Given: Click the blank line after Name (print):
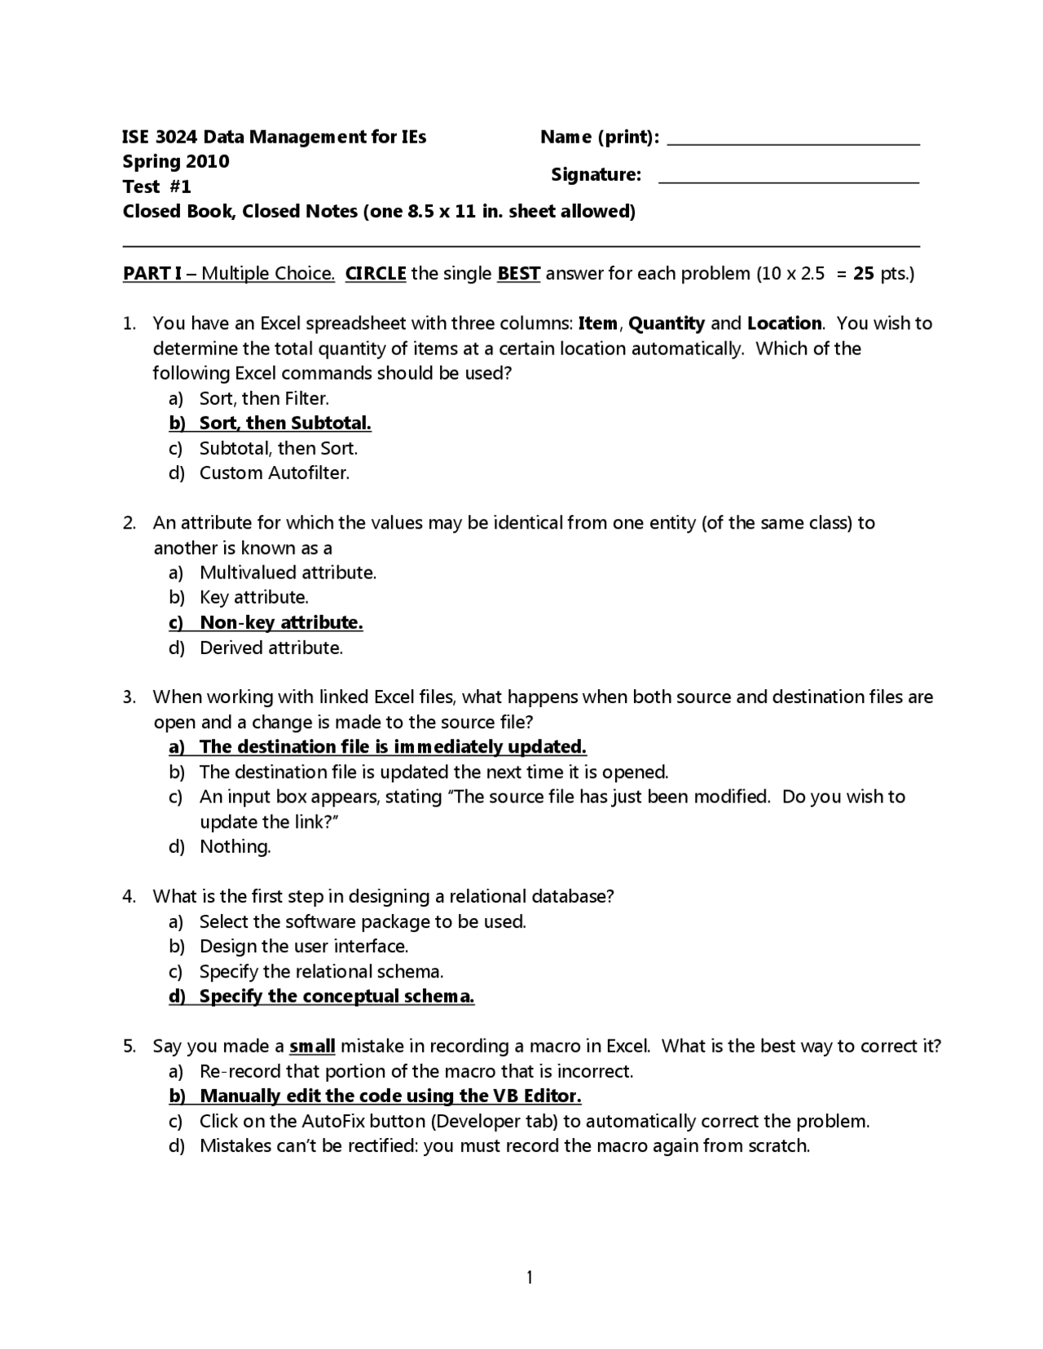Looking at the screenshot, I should click(x=793, y=143).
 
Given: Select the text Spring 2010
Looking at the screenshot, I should click(x=176, y=161).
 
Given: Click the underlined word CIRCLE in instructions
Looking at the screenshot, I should click(x=376, y=274).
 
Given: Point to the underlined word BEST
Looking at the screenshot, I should click(x=519, y=274).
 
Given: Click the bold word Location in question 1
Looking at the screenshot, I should click(x=784, y=323).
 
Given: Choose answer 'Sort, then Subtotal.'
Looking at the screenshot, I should click(x=285, y=424).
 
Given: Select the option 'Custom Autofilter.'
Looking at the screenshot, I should click(x=275, y=473).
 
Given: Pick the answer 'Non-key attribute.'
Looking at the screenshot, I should click(x=281, y=623).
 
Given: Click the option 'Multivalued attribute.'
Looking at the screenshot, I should click(x=288, y=573).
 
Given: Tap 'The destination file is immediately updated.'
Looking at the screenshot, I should click(x=393, y=747).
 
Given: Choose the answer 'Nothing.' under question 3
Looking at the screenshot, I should click(x=235, y=847).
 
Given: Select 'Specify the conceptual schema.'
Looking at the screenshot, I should click(x=337, y=996).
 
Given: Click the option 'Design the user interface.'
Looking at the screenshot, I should click(x=304, y=947).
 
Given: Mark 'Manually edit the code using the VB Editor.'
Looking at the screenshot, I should click(x=390, y=1096).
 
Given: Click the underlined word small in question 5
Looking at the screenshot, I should click(x=312, y=1046).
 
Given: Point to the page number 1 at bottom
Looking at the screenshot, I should click(x=530, y=1277).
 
